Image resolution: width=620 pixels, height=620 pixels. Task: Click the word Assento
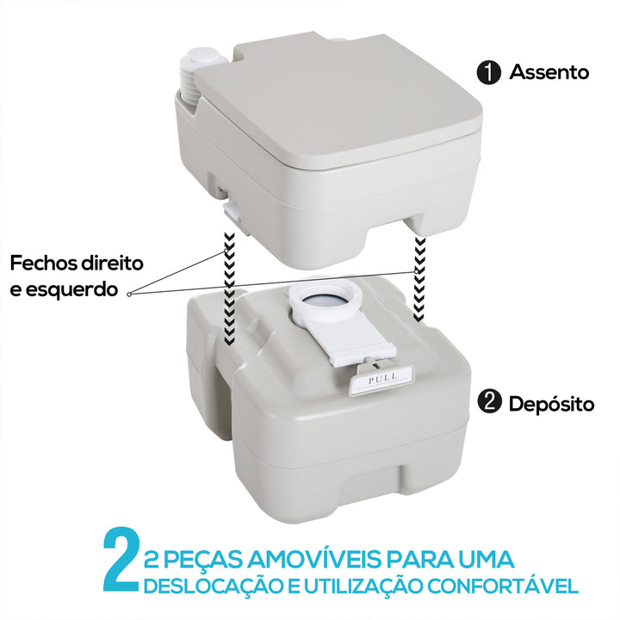click(x=549, y=72)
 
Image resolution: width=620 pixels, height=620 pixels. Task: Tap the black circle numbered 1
click(x=489, y=72)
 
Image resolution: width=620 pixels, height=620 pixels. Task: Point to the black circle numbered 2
click(x=489, y=402)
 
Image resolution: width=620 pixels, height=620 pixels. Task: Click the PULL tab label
click(x=381, y=378)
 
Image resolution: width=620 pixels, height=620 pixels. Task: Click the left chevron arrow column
click(x=228, y=288)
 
